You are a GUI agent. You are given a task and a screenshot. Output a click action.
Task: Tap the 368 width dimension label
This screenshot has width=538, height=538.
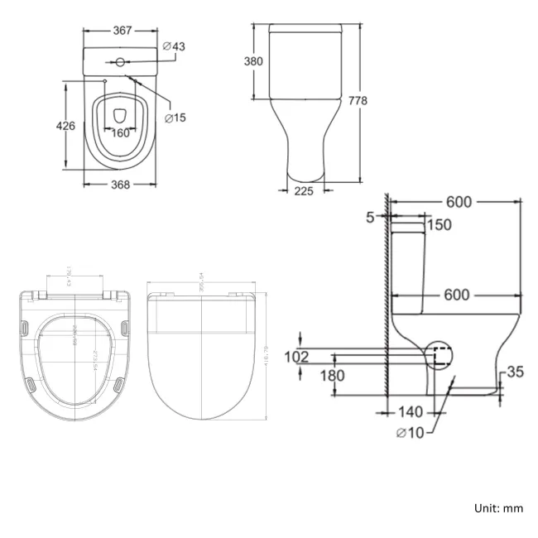(x=121, y=185)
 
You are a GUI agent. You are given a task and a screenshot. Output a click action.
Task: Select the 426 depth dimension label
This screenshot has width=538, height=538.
(x=65, y=126)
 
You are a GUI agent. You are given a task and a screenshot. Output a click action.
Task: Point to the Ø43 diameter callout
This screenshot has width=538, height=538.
(x=174, y=46)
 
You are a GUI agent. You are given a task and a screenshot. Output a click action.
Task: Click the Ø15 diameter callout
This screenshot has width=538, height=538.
(x=175, y=118)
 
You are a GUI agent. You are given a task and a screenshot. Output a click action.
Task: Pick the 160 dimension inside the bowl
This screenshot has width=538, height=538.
(x=121, y=132)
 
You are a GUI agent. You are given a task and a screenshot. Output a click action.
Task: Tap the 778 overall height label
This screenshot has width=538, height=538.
(x=358, y=101)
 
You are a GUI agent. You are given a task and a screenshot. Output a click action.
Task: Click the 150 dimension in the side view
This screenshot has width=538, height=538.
(x=440, y=225)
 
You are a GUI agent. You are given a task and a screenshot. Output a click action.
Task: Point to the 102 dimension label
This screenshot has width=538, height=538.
(x=295, y=357)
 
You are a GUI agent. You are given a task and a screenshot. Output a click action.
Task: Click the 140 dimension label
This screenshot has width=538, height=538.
(x=410, y=411)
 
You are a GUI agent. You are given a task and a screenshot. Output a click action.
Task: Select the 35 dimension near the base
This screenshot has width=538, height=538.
(x=515, y=372)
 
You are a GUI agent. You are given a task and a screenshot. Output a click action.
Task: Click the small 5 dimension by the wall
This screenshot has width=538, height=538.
(x=370, y=218)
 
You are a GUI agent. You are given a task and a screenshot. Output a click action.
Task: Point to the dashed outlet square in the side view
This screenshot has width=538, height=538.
(x=440, y=356)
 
